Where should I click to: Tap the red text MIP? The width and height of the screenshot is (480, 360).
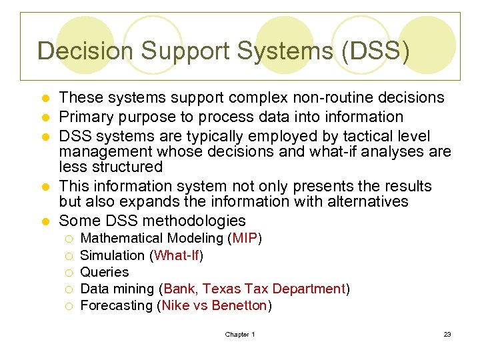[245, 238]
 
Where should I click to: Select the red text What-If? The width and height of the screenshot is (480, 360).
[177, 255]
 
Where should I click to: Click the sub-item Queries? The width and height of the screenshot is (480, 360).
[104, 272]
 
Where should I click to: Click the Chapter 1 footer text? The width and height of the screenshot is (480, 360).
[240, 334]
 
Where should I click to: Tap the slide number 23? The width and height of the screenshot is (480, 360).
[447, 334]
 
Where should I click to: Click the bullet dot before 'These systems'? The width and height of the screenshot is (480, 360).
[45, 99]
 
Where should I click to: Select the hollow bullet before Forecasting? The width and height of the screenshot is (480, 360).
[69, 306]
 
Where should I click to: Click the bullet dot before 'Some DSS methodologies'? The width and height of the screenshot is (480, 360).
[45, 221]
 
